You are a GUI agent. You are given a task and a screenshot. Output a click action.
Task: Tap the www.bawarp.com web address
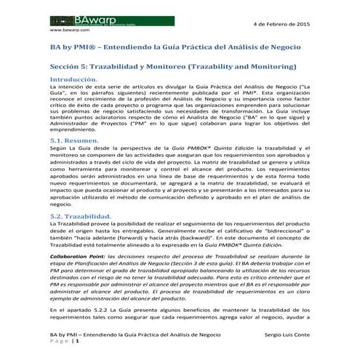[69, 31]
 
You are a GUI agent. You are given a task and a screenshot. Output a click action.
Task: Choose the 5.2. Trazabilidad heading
[79, 215]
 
